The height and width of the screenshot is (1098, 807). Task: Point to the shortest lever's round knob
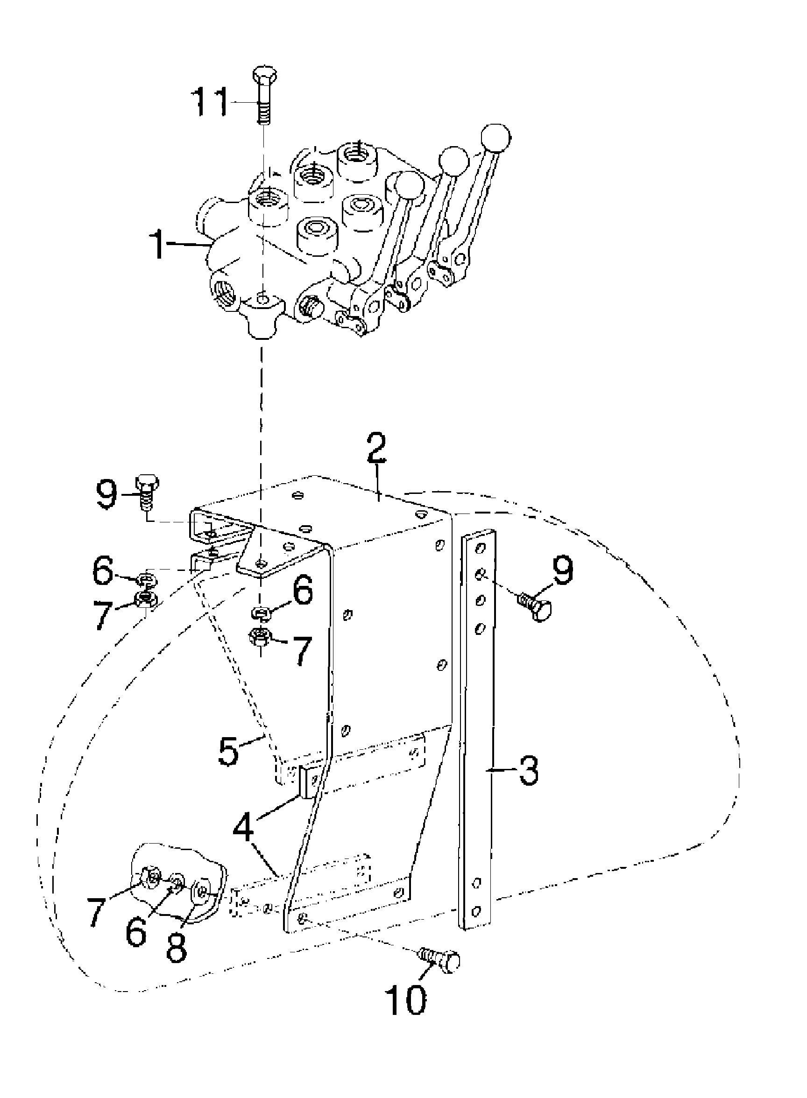tap(409, 186)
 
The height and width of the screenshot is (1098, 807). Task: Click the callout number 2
tap(376, 448)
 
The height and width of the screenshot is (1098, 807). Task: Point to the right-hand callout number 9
tap(563, 572)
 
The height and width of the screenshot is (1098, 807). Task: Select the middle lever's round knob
tap(454, 161)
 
